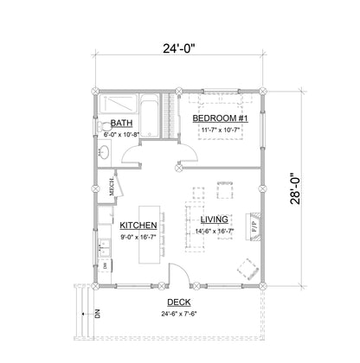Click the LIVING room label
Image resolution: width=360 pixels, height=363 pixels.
(213, 220)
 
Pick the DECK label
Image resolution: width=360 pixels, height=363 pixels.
(179, 302)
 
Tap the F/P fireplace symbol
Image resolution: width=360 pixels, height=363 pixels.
(254, 228)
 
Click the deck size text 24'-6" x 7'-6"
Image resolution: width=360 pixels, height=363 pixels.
(179, 313)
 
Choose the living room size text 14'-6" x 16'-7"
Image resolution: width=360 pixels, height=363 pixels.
(214, 231)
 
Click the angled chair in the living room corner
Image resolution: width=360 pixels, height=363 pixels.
(247, 265)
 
